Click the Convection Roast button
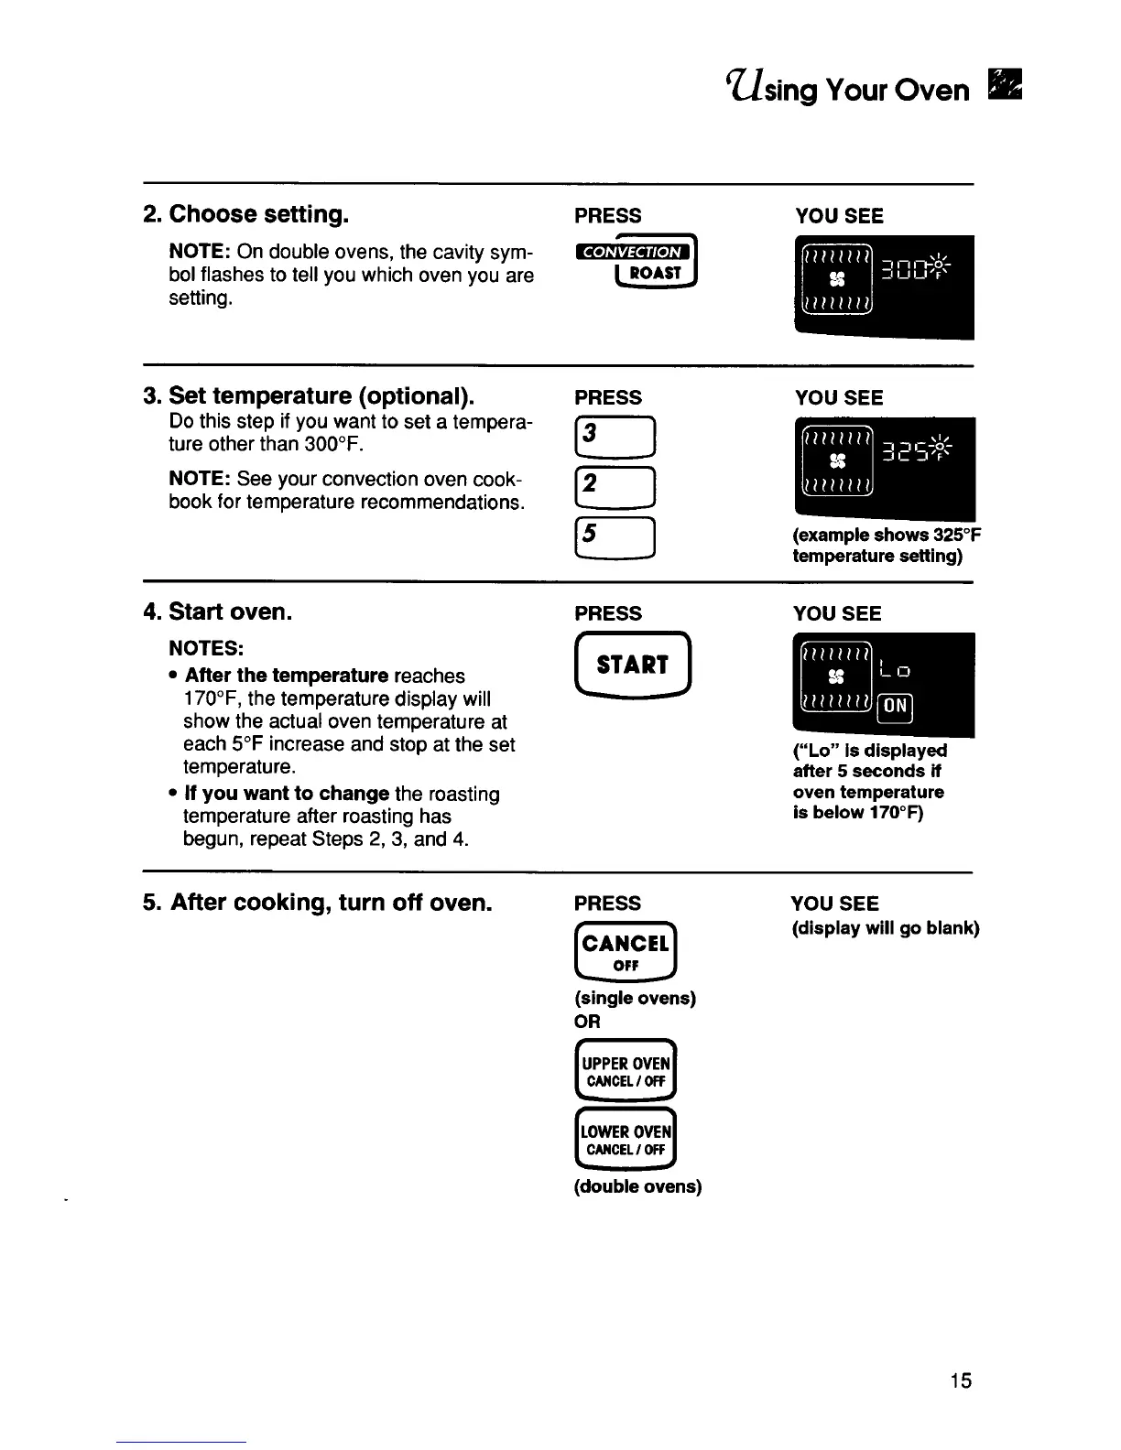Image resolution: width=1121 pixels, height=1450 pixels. pos(634,262)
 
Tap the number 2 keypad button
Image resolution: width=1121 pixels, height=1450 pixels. pos(613,487)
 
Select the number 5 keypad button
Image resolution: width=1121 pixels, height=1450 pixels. pos(613,537)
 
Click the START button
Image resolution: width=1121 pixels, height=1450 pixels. pos(632,665)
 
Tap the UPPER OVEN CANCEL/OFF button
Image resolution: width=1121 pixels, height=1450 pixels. pos(626,1071)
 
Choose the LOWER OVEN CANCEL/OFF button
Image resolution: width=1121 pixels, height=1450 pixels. pos(626,1140)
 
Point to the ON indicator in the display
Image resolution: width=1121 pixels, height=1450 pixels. pos(896,706)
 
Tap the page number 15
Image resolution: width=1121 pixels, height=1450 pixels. pos(960,1380)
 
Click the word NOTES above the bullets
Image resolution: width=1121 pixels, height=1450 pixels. pos(206,648)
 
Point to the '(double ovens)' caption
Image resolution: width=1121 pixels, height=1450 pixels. pos(637,1187)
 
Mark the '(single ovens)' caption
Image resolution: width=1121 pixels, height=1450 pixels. pos(635,998)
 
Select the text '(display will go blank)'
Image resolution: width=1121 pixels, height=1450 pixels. pos(885,928)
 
